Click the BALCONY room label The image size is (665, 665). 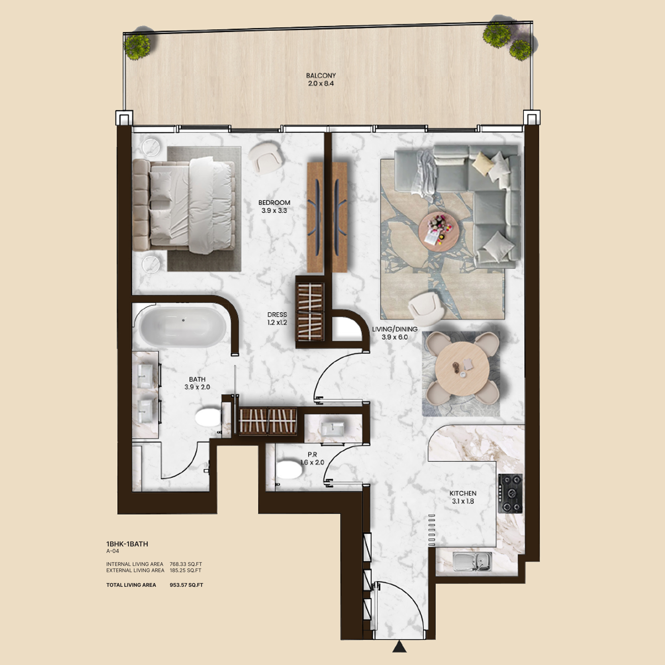tap(321, 75)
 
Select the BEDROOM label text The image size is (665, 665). tap(274, 203)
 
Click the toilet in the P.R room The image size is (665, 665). tap(289, 470)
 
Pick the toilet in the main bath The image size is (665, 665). tap(208, 418)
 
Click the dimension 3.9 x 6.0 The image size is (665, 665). tap(395, 337)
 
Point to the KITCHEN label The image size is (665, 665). tap(463, 493)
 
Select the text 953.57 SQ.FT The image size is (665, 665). tap(186, 585)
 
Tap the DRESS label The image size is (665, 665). tap(277, 315)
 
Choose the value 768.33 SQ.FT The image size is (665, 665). tap(186, 564)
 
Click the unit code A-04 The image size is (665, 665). tap(113, 551)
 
